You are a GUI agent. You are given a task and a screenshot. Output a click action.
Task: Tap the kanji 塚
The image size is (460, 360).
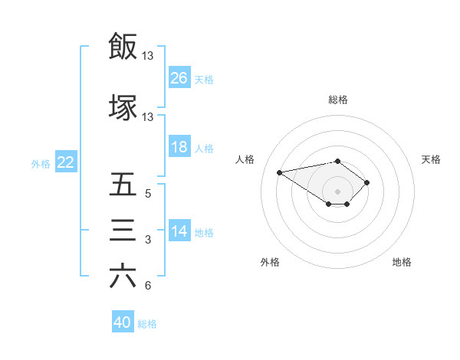123,107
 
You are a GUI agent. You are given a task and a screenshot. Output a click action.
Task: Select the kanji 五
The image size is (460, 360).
123,185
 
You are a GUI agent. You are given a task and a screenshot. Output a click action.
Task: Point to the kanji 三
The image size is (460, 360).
123,231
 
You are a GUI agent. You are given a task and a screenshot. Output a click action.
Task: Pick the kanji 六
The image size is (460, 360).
123,276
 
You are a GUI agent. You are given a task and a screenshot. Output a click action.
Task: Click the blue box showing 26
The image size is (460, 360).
179,78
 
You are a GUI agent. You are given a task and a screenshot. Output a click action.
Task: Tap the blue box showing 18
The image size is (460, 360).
179,148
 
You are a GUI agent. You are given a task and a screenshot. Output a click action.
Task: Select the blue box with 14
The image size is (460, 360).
179,232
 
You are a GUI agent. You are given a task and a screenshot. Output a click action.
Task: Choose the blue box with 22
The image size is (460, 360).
65,162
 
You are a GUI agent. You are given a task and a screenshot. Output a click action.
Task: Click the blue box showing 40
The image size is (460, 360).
123,322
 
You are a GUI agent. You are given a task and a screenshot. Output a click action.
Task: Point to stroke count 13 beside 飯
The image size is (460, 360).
148,55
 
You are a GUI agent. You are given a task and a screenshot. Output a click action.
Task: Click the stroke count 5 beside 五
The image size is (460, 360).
148,194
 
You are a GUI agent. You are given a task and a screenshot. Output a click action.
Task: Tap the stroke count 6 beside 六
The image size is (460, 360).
148,286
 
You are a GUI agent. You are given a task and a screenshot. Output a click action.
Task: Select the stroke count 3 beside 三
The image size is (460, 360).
148,240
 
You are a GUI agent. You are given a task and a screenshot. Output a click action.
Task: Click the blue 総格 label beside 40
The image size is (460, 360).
147,324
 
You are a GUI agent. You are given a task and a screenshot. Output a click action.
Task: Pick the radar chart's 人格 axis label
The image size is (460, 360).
245,159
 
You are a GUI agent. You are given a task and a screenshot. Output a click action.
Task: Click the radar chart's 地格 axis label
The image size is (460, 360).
402,262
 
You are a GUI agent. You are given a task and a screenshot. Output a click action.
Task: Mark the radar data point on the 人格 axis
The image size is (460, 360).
280,172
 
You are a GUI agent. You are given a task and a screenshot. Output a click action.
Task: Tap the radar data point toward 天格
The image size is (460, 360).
367,182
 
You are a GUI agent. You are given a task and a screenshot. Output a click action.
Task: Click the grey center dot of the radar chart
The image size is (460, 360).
337,191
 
